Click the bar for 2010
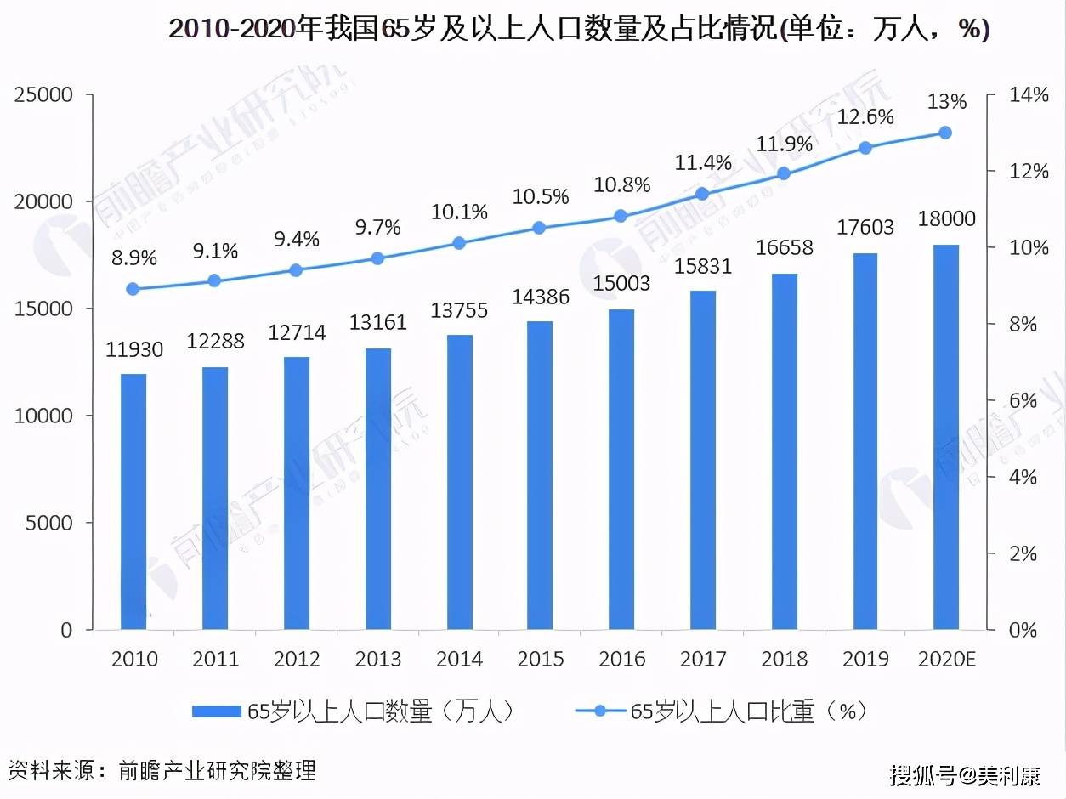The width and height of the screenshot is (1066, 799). click(x=133, y=501)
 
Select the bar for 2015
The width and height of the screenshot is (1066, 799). click(x=540, y=476)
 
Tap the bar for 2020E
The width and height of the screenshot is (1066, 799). click(x=945, y=437)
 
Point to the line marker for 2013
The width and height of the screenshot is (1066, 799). click(x=377, y=258)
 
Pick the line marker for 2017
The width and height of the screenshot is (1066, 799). click(x=702, y=194)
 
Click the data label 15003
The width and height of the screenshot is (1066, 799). click(x=621, y=283)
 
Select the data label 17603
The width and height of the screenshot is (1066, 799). click(x=865, y=227)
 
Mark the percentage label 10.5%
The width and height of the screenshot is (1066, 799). click(x=540, y=197)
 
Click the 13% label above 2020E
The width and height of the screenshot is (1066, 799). click(x=946, y=102)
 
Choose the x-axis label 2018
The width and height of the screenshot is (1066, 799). click(x=784, y=659)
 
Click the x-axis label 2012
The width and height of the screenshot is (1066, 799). click(x=296, y=659)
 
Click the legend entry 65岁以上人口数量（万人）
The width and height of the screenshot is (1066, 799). click(x=353, y=711)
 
